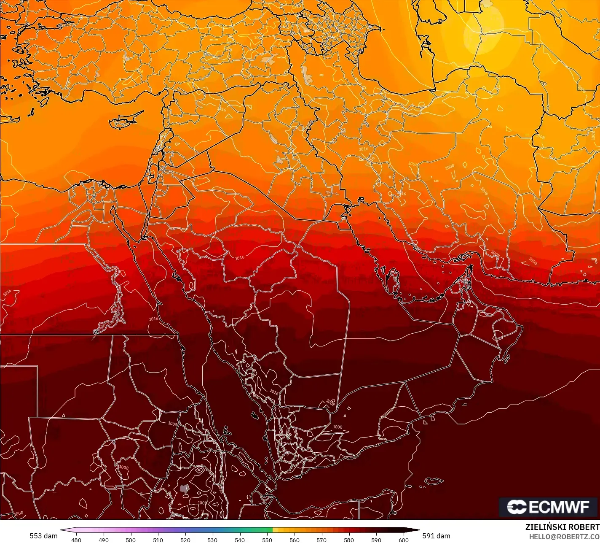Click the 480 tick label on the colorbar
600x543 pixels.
click(x=76, y=540)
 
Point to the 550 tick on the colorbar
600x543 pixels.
click(x=267, y=540)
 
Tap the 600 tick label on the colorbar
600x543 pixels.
click(x=404, y=540)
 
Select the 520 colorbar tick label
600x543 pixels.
click(x=185, y=540)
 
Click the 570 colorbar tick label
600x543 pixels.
click(x=321, y=540)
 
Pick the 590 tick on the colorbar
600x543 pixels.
click(x=376, y=540)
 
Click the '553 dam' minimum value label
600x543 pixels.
click(x=43, y=536)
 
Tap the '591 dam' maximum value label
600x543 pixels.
click(x=437, y=536)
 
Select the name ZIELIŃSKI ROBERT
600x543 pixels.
click(x=562, y=527)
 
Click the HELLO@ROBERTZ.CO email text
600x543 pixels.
click(x=564, y=537)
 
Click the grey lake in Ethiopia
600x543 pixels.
click(x=184, y=489)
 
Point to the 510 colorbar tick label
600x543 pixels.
click(x=158, y=540)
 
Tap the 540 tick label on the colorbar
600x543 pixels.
click(x=240, y=540)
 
